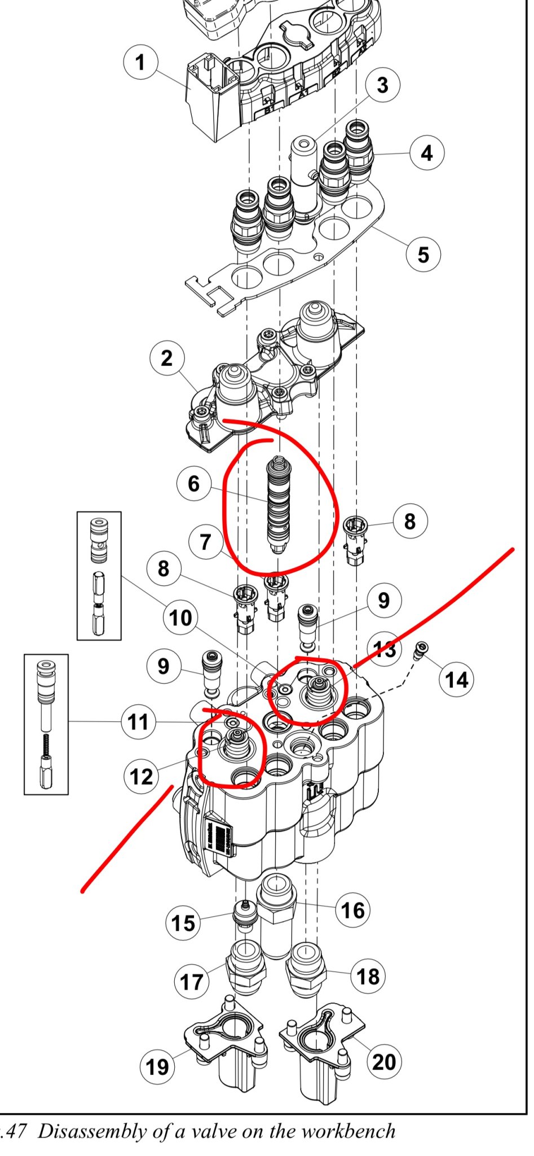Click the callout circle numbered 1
tap(140, 63)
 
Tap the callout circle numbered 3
tap(382, 86)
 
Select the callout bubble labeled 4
tap(426, 153)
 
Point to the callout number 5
tap(423, 255)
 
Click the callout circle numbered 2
tap(166, 358)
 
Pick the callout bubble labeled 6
tap(193, 483)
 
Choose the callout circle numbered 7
tap(205, 542)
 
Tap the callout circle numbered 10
tap(180, 618)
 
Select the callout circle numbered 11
tap(139, 722)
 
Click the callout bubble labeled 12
tap(141, 777)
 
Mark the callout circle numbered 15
tap(183, 923)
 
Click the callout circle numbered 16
tap(353, 910)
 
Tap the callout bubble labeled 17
tap(191, 982)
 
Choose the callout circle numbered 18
tap(369, 976)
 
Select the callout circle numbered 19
tap(157, 1067)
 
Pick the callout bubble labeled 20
tap(384, 1061)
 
